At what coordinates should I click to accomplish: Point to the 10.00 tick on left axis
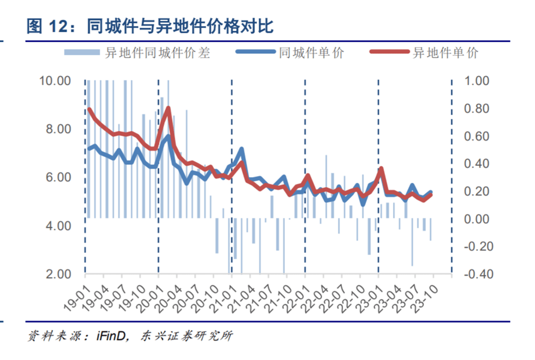click(55, 81)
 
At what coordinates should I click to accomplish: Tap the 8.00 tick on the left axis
click(58, 129)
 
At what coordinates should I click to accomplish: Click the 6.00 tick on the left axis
click(58, 178)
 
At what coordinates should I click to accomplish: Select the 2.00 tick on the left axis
click(58, 275)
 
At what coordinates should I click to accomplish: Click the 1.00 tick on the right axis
click(476, 81)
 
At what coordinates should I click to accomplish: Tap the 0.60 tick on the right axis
click(476, 136)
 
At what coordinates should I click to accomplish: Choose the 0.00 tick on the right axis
click(476, 219)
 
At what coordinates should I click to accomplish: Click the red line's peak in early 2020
click(168, 108)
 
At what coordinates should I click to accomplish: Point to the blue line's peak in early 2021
click(241, 149)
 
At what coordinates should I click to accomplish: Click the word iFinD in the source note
click(108, 336)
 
